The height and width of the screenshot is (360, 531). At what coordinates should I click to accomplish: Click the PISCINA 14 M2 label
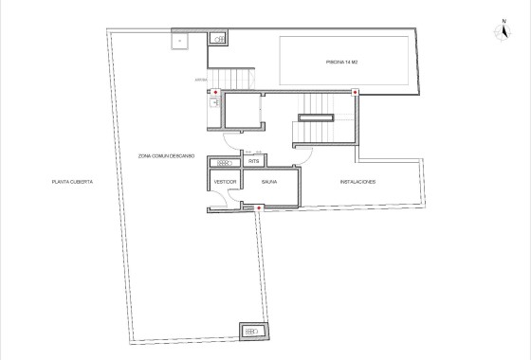click(x=344, y=63)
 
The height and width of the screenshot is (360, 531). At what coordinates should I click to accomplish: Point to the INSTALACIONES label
click(x=358, y=180)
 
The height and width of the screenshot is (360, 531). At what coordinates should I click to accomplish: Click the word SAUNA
click(x=269, y=180)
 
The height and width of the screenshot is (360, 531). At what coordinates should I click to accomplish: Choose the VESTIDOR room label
click(x=225, y=180)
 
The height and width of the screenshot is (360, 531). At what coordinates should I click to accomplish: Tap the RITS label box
click(x=253, y=162)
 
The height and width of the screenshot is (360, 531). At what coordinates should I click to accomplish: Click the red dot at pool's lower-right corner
click(x=355, y=92)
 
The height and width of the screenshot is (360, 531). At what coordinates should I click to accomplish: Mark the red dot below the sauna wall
click(x=257, y=207)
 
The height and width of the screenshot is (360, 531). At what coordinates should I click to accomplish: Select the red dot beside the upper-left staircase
click(x=215, y=93)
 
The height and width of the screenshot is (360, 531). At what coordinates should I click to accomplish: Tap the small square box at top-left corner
click(x=177, y=40)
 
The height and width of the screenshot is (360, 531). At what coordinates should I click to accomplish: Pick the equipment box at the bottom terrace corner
click(x=252, y=331)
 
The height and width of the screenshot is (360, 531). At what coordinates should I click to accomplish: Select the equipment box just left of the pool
click(x=219, y=39)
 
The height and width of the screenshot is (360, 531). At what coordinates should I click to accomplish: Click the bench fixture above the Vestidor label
click(x=224, y=163)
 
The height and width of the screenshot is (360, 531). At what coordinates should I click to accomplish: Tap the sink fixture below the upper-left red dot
click(x=214, y=105)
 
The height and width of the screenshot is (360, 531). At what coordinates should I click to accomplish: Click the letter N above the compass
click(x=504, y=20)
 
